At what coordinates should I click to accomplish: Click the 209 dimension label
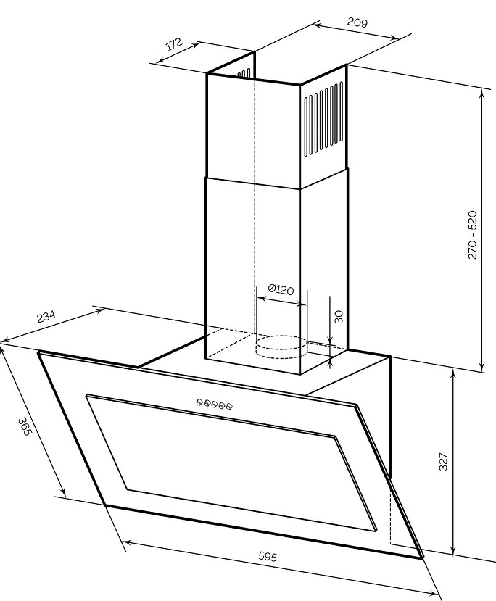(357, 22)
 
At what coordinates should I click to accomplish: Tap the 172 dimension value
(174, 44)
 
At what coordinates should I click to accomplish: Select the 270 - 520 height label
(472, 235)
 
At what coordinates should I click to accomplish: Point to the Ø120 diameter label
(281, 289)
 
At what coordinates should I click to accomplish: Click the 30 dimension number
(339, 317)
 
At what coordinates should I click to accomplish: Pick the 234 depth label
(46, 317)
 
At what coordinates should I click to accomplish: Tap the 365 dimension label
(24, 426)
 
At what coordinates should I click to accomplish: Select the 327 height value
(443, 462)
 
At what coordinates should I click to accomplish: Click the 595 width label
(267, 557)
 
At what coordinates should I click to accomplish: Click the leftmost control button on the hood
(199, 402)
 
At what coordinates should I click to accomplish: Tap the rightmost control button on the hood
(229, 406)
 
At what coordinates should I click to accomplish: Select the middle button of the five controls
(214, 404)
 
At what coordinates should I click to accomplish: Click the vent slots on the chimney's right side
(324, 119)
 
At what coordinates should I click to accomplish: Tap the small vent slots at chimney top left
(244, 74)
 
